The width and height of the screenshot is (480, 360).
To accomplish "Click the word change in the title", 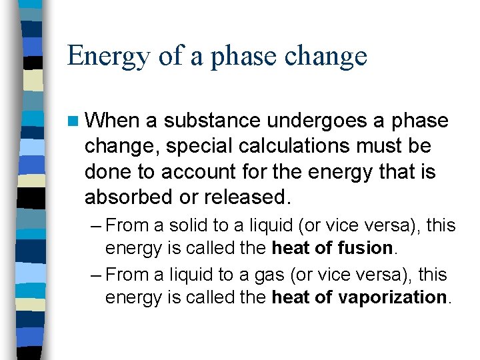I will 326,56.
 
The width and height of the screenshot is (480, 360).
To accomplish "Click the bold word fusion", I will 367,248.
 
